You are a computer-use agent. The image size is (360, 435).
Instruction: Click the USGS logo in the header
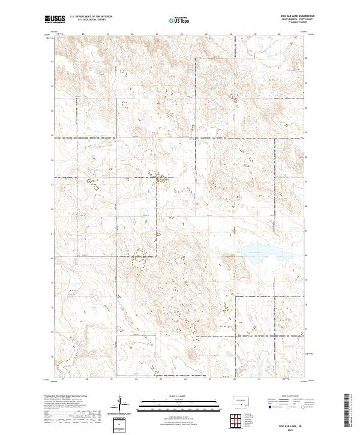[x=55, y=19]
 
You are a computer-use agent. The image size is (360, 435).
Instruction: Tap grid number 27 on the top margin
[x=256, y=34]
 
